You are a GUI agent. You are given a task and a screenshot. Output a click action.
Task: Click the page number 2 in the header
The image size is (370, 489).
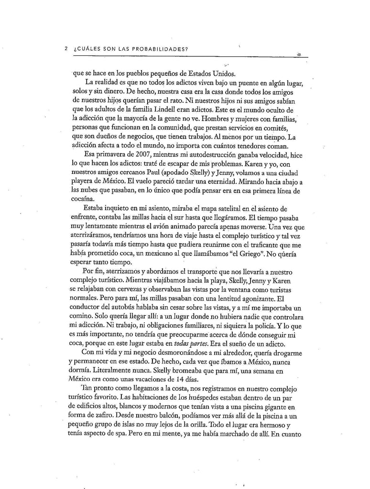[65, 48]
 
